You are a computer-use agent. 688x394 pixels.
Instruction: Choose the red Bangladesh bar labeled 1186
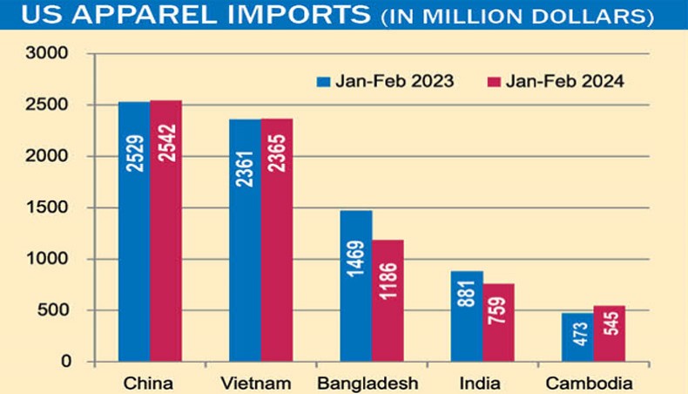click(388, 300)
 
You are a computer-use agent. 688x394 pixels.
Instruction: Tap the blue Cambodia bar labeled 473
click(577, 336)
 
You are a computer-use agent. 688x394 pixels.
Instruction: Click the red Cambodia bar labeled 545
click(610, 333)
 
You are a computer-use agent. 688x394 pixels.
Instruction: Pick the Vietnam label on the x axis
click(260, 382)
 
